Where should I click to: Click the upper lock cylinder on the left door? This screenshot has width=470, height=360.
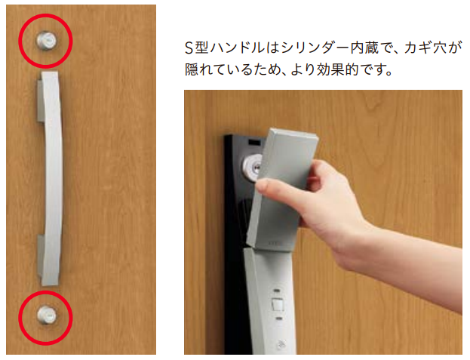point(47,40)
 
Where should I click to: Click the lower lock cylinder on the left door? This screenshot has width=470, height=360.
point(47,315)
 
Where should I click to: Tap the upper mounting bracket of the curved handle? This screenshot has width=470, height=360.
point(41,100)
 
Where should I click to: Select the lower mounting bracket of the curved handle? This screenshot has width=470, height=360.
point(41,255)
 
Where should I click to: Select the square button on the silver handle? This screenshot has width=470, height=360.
point(278,305)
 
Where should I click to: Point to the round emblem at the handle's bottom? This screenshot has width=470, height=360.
point(281,344)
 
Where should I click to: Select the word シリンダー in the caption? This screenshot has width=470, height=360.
point(315,48)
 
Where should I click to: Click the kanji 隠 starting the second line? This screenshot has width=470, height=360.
point(192,69)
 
